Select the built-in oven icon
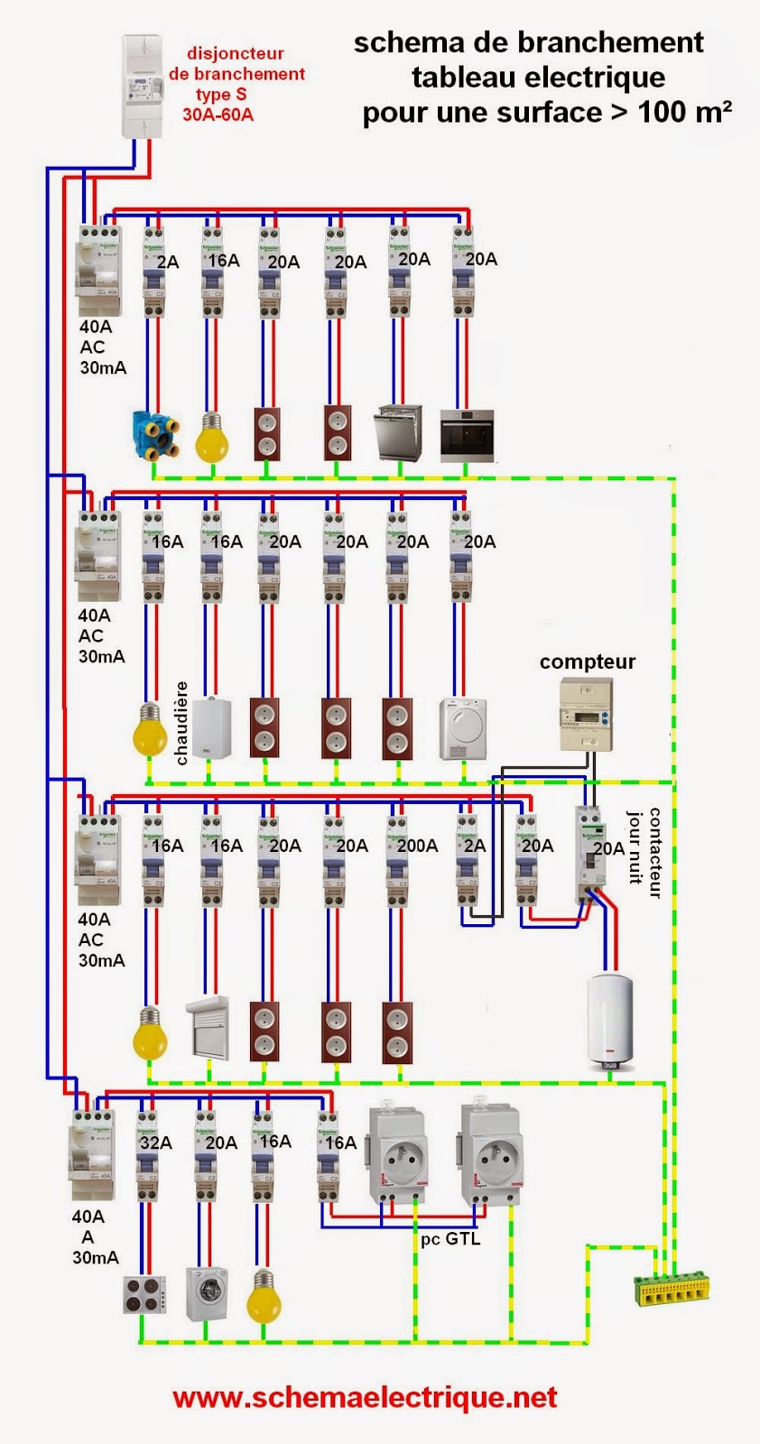(x=466, y=436)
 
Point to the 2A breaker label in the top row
(x=168, y=262)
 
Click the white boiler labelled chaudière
(x=211, y=727)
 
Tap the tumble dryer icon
(x=464, y=728)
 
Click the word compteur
(x=588, y=662)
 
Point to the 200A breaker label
(x=417, y=846)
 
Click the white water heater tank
(x=611, y=1020)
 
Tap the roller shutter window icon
(x=208, y=1028)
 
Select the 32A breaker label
(x=155, y=1143)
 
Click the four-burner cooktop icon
(x=144, y=1294)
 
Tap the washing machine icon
(x=207, y=1294)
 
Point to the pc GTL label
(x=450, y=1238)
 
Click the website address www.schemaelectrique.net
(x=365, y=1397)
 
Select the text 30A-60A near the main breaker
(x=218, y=115)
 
